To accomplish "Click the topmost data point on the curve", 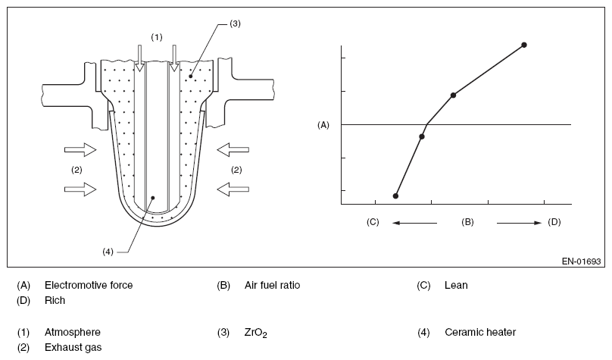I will tap(523, 45).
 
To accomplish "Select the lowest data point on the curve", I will tap(395, 196).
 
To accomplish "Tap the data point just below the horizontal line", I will tap(421, 136).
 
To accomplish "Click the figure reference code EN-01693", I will tap(581, 261).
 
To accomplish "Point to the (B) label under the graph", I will tap(467, 222).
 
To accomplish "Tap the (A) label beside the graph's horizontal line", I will tap(323, 124).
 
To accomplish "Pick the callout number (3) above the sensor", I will tap(235, 24).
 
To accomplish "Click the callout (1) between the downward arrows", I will tap(156, 36).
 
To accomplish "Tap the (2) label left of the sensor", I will tap(76, 169).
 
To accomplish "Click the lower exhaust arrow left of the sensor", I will tap(81, 187).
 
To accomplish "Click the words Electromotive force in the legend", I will tap(89, 286).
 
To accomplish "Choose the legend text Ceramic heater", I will tap(480, 333).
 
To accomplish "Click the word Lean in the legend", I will tap(456, 286).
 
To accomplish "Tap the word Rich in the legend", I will tap(55, 300).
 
